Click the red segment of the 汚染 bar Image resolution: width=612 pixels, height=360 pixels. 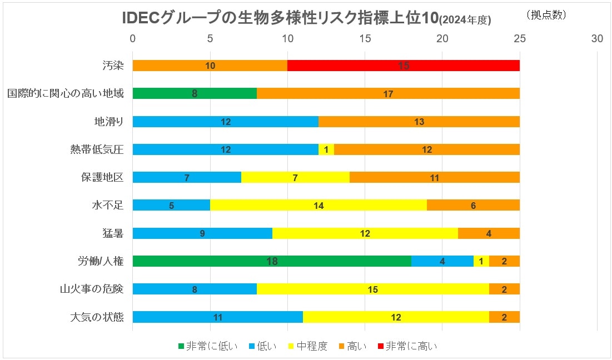404,66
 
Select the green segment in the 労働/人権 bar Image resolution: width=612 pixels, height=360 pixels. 272,261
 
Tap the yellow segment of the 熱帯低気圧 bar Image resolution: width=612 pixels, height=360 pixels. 326,149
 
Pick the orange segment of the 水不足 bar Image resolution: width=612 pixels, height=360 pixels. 473,205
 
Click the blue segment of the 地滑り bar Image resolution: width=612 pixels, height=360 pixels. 225,122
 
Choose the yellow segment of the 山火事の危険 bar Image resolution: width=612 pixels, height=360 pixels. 372,289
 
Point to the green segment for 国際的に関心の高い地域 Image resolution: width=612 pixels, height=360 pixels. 195,93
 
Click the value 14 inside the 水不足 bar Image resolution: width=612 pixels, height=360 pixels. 319,206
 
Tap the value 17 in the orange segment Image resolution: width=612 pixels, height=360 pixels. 388,94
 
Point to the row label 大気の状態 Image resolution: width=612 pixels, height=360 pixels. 97,317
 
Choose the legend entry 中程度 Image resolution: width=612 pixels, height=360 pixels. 311,346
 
